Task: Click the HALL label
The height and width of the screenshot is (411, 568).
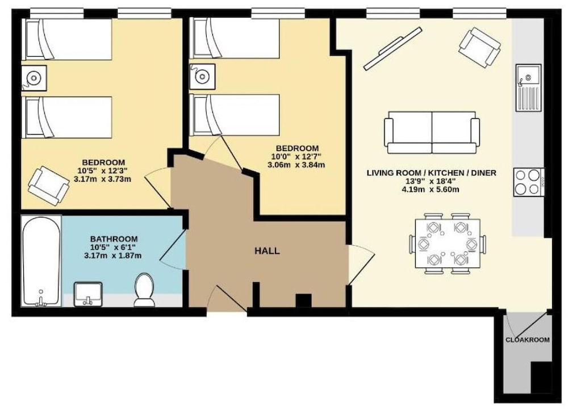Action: (267, 251)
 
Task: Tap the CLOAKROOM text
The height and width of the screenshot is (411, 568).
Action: (528, 340)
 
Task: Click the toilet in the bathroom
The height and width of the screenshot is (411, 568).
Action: (144, 290)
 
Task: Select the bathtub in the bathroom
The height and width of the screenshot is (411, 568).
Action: (41, 261)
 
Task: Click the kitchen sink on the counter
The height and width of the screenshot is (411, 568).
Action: (528, 87)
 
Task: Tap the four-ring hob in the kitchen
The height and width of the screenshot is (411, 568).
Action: (528, 182)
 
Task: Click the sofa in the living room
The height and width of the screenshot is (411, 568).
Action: (432, 132)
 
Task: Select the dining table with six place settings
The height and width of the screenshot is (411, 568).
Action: (448, 244)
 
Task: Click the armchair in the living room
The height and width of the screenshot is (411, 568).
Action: (479, 48)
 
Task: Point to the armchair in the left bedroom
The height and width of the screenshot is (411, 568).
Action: (49, 186)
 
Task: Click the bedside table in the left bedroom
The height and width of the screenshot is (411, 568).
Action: (34, 78)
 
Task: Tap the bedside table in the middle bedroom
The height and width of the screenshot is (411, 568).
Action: (202, 77)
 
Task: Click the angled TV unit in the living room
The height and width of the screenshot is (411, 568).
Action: (393, 48)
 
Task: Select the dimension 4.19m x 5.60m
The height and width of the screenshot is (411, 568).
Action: (431, 190)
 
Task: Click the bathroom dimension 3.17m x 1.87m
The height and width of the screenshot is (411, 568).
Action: (112, 255)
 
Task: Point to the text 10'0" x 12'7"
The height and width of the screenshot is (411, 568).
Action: (296, 157)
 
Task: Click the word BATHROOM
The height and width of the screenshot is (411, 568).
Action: (114, 239)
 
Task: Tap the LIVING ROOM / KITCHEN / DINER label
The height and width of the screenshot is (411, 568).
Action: (432, 173)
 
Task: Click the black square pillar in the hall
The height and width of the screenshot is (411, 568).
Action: (303, 300)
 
